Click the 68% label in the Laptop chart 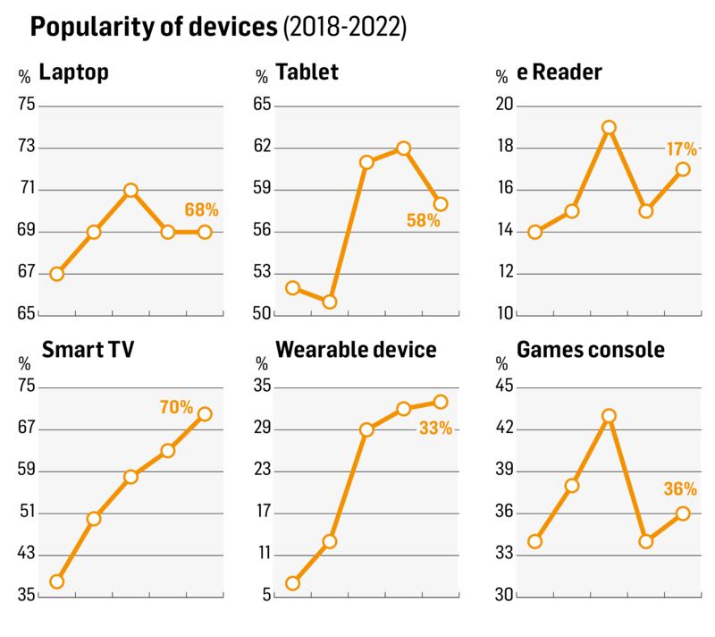[x=202, y=210]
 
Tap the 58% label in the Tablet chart [x=424, y=220]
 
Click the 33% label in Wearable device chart [x=435, y=429]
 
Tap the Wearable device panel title [x=357, y=349]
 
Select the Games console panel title [x=592, y=349]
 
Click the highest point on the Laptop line [x=130, y=190]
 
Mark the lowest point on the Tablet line [x=329, y=302]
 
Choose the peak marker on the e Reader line [x=610, y=127]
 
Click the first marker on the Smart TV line [x=56, y=582]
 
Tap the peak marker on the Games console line [x=610, y=416]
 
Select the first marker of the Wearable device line [x=291, y=583]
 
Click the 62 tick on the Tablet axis [x=264, y=148]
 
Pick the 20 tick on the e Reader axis [x=506, y=106]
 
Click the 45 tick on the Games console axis [x=506, y=386]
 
